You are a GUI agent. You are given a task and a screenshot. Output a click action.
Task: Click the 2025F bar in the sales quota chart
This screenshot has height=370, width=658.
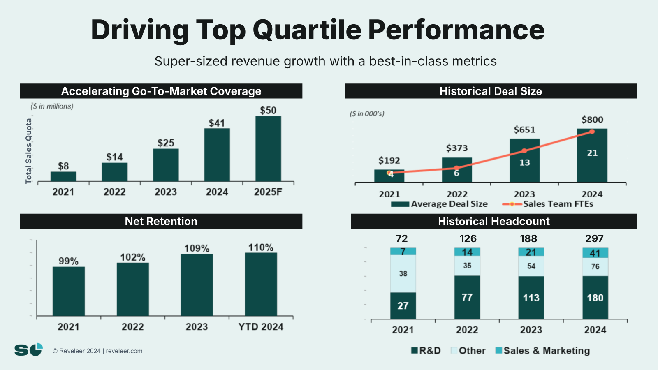point(268,148)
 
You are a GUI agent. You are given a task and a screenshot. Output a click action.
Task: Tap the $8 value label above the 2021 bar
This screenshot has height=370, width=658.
point(63,166)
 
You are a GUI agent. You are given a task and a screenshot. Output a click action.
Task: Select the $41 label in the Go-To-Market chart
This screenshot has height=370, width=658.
point(217,123)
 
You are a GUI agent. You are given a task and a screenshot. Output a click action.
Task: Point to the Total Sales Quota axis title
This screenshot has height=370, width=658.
point(28,151)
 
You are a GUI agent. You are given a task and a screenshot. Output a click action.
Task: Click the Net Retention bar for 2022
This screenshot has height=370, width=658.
point(132,289)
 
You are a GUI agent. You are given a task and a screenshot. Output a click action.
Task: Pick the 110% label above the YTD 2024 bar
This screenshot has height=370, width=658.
point(261,247)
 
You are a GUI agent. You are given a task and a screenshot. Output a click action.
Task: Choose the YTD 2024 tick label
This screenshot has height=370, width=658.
point(261,327)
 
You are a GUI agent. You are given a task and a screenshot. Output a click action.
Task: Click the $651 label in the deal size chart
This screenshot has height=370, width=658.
point(524,130)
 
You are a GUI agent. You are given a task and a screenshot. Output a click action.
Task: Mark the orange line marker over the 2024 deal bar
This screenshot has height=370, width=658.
point(592,132)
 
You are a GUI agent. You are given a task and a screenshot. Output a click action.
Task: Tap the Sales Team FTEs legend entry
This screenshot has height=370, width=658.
point(548,204)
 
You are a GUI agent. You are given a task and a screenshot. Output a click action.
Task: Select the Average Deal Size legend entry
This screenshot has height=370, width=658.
point(439,204)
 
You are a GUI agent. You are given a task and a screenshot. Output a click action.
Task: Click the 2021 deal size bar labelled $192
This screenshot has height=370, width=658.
point(389,176)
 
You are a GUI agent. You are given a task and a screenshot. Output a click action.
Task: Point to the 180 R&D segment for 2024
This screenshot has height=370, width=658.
point(595,298)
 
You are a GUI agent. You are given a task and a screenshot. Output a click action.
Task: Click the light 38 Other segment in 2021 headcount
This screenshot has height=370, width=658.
point(403,274)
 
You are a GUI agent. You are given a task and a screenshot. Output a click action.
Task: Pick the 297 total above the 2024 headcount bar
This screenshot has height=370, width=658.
point(594,239)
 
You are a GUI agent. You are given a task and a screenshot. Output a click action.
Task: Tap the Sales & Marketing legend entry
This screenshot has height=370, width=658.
point(542,351)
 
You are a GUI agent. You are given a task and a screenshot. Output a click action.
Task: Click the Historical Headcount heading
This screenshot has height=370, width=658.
point(493,221)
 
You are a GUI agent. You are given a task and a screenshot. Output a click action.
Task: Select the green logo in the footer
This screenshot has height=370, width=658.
point(28,349)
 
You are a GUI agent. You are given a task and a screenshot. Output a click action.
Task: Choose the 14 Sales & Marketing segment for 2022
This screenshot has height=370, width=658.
point(467,252)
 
